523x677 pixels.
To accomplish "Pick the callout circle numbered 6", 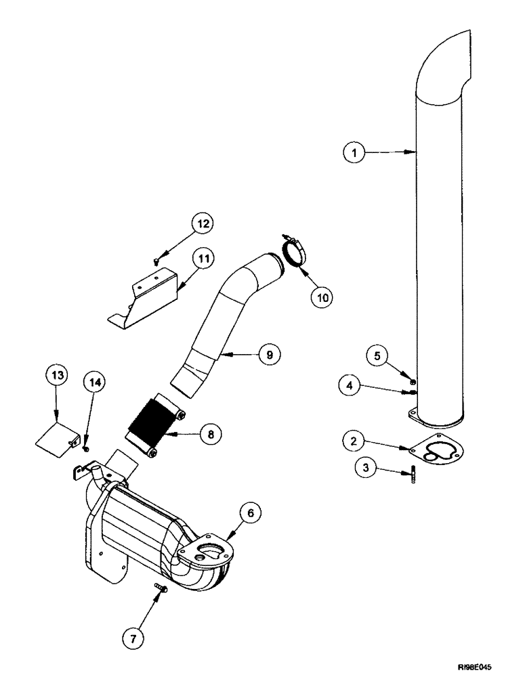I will click(x=251, y=515).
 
